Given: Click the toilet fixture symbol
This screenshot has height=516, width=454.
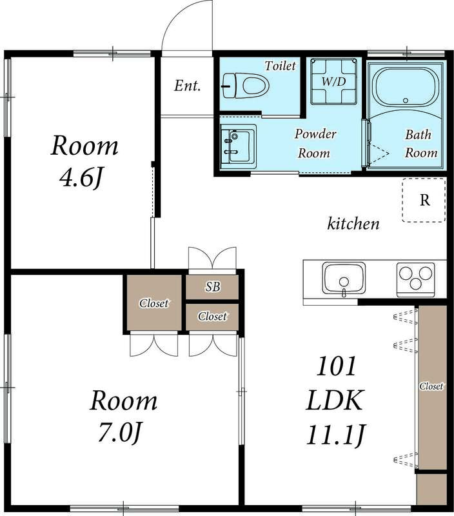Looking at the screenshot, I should pyautogui.click(x=244, y=84).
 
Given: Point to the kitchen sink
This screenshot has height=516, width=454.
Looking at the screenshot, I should pyautogui.click(x=344, y=279).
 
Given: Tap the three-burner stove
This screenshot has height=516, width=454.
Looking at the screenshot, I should pyautogui.click(x=415, y=279).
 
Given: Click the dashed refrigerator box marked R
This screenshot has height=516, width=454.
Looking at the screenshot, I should pyautogui.click(x=424, y=199).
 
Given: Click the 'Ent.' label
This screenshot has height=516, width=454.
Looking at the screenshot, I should pyautogui.click(x=188, y=86).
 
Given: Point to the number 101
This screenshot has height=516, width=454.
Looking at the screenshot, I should pyautogui.click(x=335, y=368).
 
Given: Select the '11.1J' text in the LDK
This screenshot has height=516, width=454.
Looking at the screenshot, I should pyautogui.click(x=335, y=435).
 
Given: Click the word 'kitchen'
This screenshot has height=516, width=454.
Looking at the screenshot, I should pyautogui.click(x=353, y=224).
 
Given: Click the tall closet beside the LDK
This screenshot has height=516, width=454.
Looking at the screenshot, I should pyautogui.click(x=431, y=387).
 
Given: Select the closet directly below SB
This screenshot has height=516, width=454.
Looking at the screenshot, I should pyautogui.click(x=212, y=317).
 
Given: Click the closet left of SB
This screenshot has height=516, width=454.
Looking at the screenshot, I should pyautogui.click(x=155, y=303).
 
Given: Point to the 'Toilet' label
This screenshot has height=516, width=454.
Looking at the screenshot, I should pyautogui.click(x=280, y=66).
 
